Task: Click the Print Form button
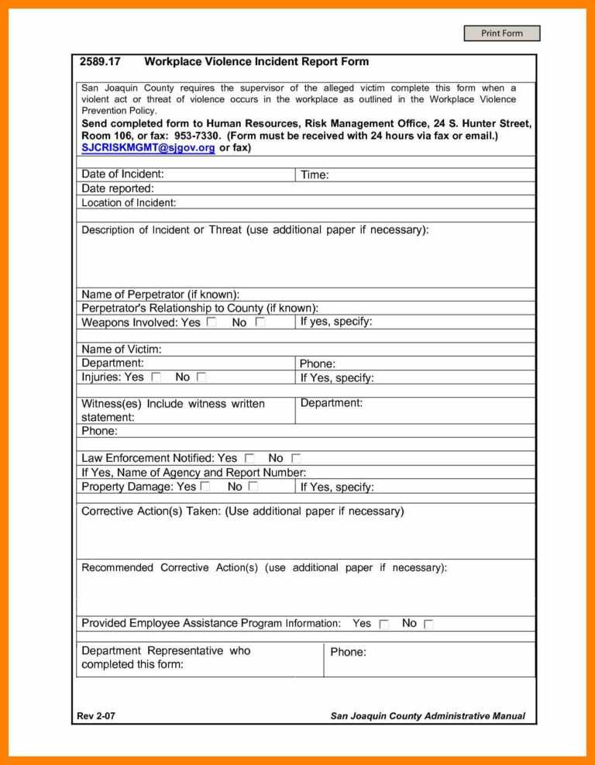coord(501,33)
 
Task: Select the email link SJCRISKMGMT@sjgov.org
coord(148,147)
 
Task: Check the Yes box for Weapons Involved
coord(212,322)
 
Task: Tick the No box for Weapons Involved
coord(260,322)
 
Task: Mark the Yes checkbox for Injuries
coord(156,377)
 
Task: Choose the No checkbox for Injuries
coord(201,377)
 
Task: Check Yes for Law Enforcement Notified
coord(249,459)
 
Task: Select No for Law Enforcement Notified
coord(296,459)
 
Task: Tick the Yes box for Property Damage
coord(205,487)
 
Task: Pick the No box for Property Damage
coord(253,487)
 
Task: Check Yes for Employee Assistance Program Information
coord(383,624)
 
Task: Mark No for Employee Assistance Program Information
coord(428,624)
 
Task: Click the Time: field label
coord(315,175)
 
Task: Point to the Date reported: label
coord(118,188)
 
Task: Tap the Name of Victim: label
coord(122,350)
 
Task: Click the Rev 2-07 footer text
coord(96,716)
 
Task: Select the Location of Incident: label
coord(129,203)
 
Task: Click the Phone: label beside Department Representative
coord(348,652)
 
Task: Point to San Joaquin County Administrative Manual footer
coord(428,716)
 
